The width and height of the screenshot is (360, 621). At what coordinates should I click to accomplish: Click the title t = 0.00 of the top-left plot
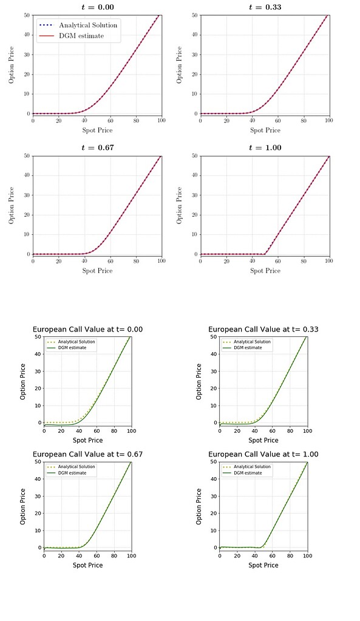tap(97, 7)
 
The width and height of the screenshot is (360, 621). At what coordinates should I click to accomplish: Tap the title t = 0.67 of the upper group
tap(97, 148)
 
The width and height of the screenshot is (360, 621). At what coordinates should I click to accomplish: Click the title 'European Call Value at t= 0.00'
tap(87, 330)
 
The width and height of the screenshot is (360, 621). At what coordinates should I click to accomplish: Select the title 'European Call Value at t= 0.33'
tap(263, 330)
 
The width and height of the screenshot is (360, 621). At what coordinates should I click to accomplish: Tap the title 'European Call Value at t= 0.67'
tap(87, 454)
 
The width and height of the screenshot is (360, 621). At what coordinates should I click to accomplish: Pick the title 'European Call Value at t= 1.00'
tap(263, 454)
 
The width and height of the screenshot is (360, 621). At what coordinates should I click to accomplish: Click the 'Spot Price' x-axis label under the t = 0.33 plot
tap(265, 130)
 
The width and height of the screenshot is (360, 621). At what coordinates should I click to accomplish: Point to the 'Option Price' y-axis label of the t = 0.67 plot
tap(12, 205)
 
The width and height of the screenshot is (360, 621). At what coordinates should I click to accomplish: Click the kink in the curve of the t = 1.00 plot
tap(265, 253)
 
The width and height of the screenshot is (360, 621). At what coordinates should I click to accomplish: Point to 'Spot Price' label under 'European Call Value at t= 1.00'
tap(263, 565)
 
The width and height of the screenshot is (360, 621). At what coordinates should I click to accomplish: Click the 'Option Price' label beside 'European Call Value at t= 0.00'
tap(22, 381)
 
